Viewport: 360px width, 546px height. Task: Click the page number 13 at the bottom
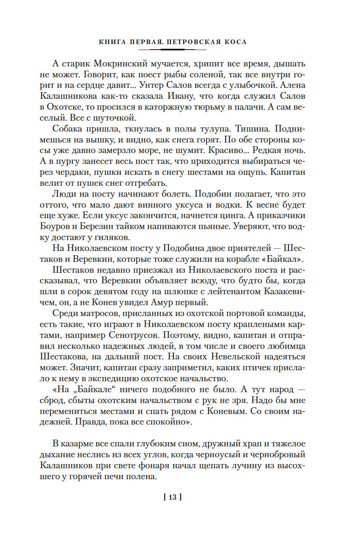pyautogui.click(x=172, y=497)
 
